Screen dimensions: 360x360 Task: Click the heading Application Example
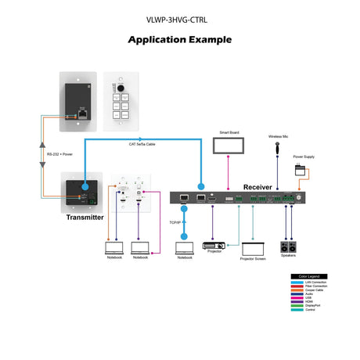179,39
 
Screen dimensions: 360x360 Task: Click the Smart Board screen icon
229,146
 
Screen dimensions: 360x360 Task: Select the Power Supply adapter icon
301,170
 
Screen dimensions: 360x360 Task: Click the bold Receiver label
257,187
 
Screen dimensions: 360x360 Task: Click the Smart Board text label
229,133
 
